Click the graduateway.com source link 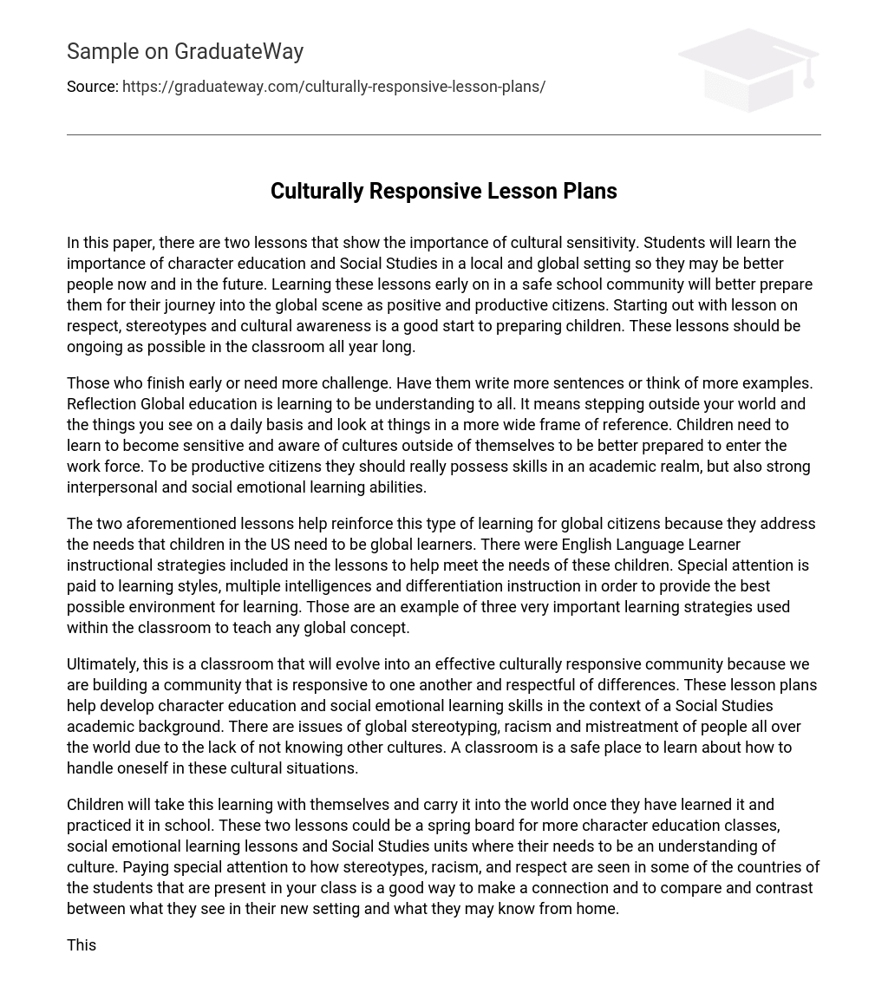point(334,87)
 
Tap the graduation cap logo point(747,69)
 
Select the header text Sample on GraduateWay point(185,52)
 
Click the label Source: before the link point(92,87)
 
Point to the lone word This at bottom point(82,945)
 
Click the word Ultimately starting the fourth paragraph point(102,664)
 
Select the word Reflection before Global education point(101,404)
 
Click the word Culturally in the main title point(317,191)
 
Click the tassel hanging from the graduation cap point(808,76)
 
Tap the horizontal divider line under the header point(443,134)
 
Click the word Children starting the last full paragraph point(95,805)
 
